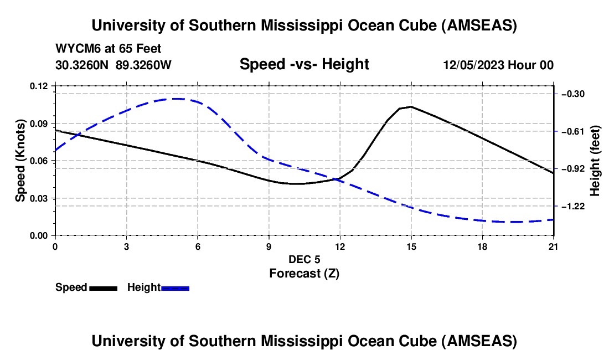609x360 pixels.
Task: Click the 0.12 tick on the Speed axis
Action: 39,86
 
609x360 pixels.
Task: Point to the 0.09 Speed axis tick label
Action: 39,123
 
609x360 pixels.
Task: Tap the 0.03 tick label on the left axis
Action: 39,198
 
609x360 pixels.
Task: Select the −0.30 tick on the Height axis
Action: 573,94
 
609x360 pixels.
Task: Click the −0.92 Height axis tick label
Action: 573,168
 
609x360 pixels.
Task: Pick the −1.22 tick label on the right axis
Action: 573,206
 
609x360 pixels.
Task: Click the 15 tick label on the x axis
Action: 411,246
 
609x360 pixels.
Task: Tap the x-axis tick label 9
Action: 269,246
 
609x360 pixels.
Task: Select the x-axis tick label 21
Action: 554,246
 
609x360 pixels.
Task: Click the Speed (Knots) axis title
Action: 20,161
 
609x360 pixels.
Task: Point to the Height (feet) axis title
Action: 596,161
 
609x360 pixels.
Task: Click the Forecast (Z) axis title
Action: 304,273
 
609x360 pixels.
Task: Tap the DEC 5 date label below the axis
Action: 304,259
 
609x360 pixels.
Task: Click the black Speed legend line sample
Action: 103,288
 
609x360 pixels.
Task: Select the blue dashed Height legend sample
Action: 175,288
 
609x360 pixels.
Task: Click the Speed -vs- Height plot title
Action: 304,64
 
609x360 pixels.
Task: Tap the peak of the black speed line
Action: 411,106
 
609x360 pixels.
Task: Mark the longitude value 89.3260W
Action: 144,65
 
